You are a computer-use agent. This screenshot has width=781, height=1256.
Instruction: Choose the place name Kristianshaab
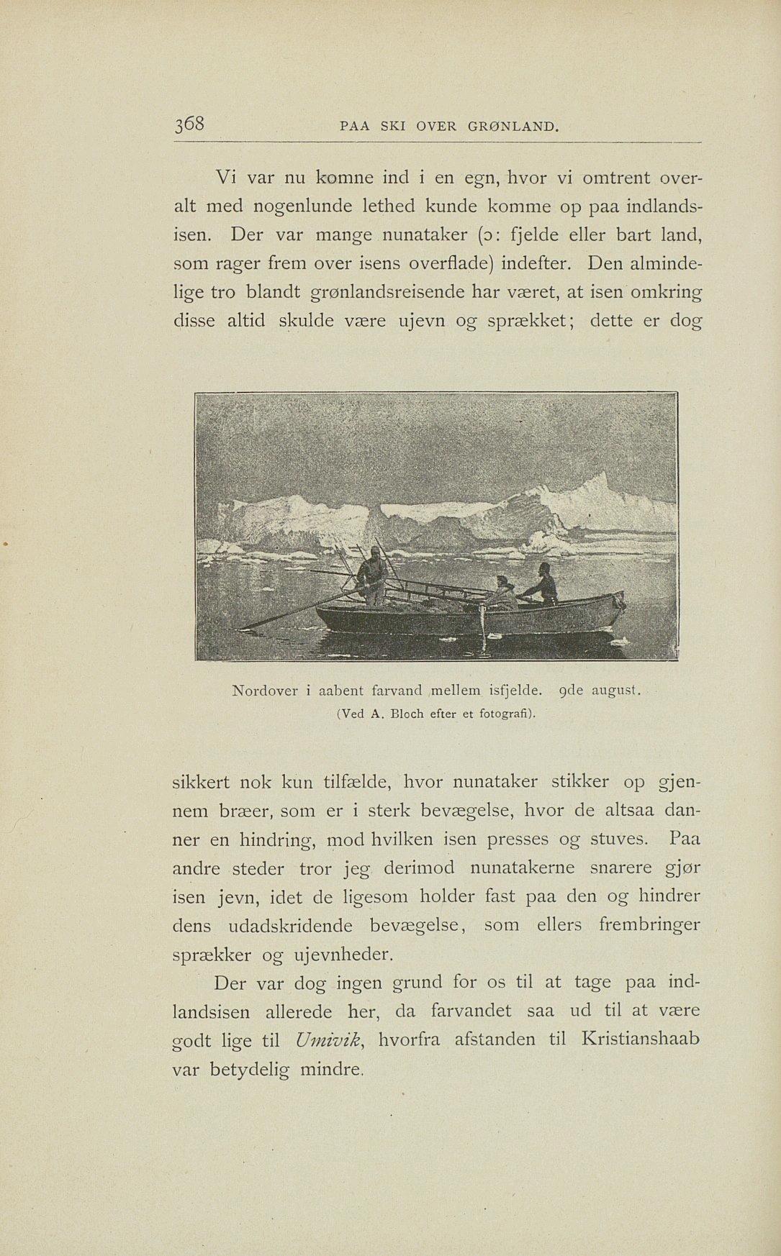641,1039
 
